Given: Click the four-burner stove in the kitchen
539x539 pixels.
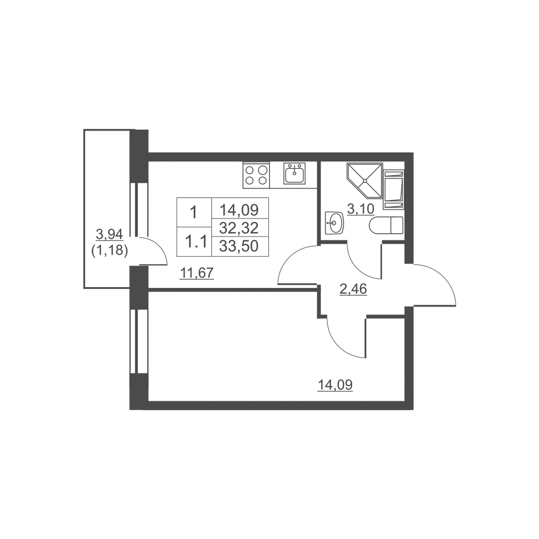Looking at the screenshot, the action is click(x=256, y=175).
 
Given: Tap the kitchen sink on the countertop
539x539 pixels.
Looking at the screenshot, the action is click(x=294, y=173).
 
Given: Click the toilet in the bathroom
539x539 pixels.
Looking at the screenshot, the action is click(x=386, y=225).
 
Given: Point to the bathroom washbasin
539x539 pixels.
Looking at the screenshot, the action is click(x=334, y=223).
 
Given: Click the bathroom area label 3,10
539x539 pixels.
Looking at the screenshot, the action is click(x=361, y=209).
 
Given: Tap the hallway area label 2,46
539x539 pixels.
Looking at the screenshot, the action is click(x=353, y=289).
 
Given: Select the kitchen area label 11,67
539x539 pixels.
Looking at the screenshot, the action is click(x=197, y=273).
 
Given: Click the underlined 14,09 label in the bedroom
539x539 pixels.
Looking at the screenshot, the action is click(x=335, y=385).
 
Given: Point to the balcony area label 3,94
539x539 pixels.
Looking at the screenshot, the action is click(x=109, y=234).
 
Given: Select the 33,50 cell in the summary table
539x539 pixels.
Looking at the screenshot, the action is click(x=239, y=246).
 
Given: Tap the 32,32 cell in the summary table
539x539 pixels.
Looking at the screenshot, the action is click(x=239, y=228).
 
